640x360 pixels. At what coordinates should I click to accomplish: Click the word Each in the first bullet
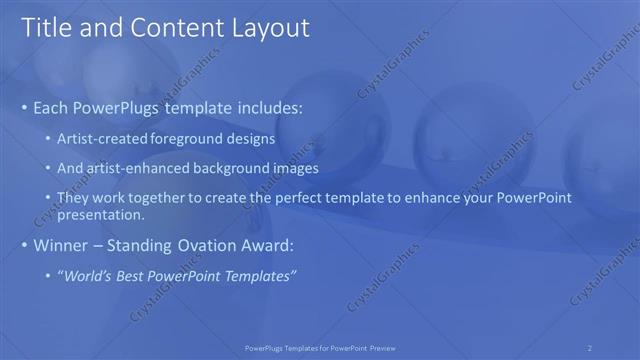pyautogui.click(x=52, y=107)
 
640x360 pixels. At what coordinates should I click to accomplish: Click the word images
pyautogui.click(x=292, y=169)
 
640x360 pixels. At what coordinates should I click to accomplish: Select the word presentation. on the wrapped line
pyautogui.click(x=102, y=214)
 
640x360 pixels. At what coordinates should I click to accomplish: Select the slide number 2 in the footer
pyautogui.click(x=590, y=347)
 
